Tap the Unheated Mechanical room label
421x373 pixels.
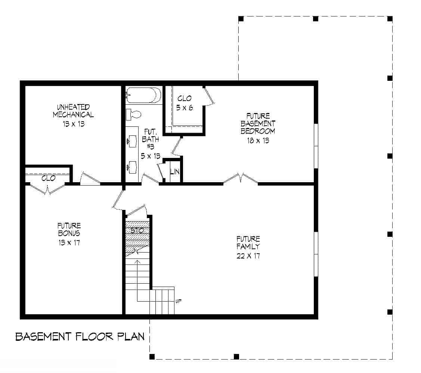(x=73, y=111)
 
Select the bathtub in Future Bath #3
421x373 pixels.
(x=142, y=95)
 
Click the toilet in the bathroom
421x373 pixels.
(x=133, y=114)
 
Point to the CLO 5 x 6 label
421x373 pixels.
(x=184, y=103)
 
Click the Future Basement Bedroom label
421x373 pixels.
(x=258, y=123)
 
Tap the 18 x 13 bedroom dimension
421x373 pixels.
(x=258, y=141)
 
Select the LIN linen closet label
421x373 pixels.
(x=174, y=172)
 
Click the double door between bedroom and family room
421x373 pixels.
(x=241, y=179)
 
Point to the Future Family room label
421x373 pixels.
(x=248, y=243)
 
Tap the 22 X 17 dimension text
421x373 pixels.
(x=248, y=256)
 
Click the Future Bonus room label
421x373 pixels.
(x=69, y=229)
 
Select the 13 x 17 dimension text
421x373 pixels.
(x=69, y=243)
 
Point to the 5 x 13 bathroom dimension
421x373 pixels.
(x=151, y=156)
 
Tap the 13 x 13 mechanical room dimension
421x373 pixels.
(x=73, y=124)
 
